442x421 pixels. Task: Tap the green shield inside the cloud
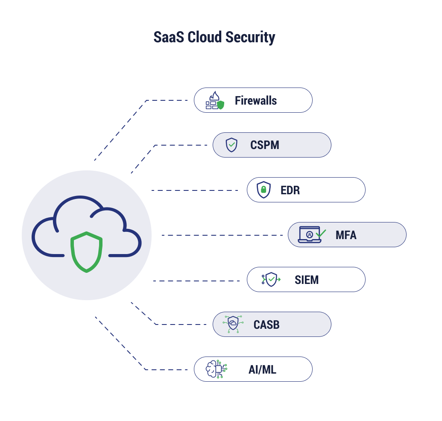pyautogui.click(x=87, y=252)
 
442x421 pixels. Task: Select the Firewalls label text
pyautogui.click(x=256, y=101)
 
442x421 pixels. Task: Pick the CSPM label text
pyautogui.click(x=265, y=145)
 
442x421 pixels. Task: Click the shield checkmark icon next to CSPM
pyautogui.click(x=231, y=145)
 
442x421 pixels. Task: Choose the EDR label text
pyautogui.click(x=290, y=190)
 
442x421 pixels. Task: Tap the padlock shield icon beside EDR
pyautogui.click(x=264, y=190)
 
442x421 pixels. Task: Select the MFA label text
pyautogui.click(x=346, y=235)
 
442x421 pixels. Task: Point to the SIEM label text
pyautogui.click(x=307, y=280)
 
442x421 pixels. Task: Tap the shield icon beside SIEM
pyautogui.click(x=271, y=280)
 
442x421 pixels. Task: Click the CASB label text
pyautogui.click(x=266, y=325)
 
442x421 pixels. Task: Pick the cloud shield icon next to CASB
pyautogui.click(x=233, y=325)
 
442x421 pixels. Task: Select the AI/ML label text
pyautogui.click(x=262, y=369)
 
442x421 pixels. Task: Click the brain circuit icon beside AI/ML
pyautogui.click(x=216, y=369)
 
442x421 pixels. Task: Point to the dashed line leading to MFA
pyautogui.click(x=222, y=235)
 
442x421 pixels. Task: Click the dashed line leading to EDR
pyautogui.click(x=194, y=190)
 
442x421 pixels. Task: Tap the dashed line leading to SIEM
pyautogui.click(x=196, y=281)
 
